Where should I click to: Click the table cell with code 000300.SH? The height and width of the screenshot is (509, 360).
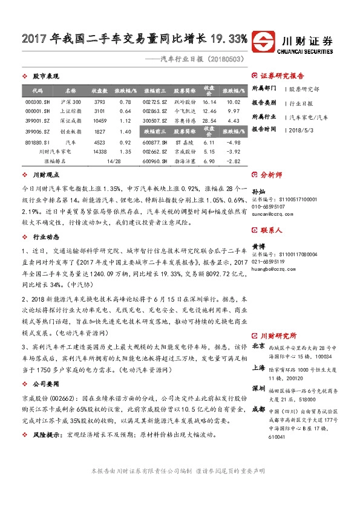28,102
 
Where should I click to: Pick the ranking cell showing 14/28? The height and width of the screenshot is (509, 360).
113,161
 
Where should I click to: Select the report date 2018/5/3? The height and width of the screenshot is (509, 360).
301,129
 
